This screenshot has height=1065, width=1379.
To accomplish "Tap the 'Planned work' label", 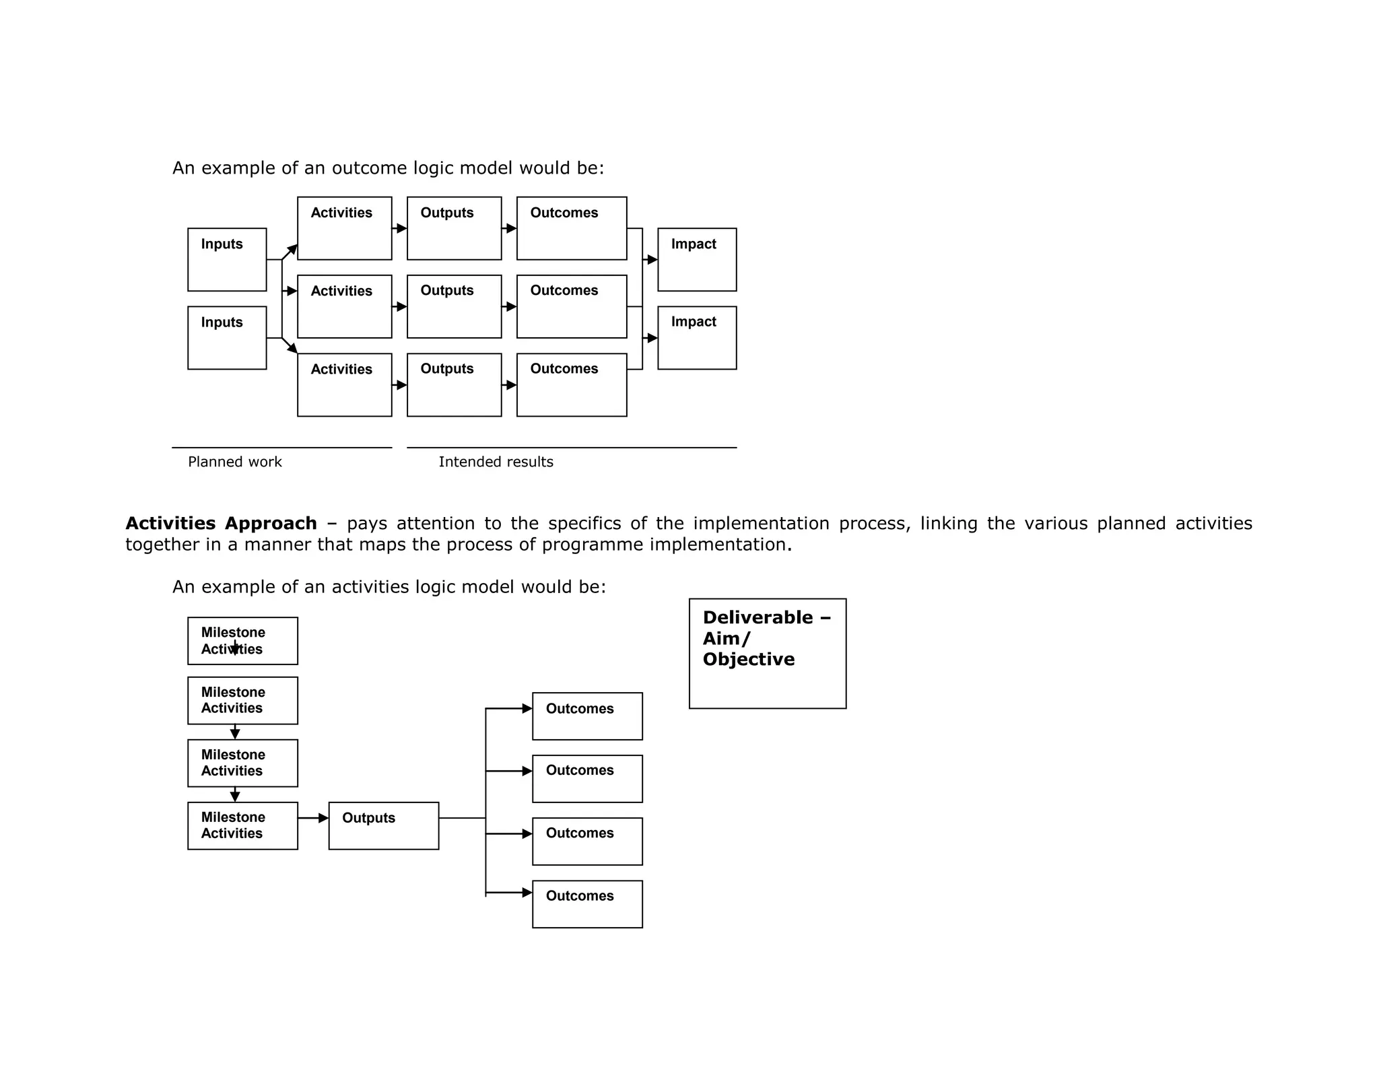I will (234, 462).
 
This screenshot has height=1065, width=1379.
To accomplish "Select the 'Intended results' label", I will (496, 462).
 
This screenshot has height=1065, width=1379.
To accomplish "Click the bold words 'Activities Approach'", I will (221, 523).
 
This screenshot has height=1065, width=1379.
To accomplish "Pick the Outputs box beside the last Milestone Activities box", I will (383, 825).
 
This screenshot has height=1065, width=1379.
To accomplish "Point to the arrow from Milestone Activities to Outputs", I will (313, 818).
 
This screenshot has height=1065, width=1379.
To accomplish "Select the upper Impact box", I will (697, 259).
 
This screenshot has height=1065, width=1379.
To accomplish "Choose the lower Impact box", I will (697, 337).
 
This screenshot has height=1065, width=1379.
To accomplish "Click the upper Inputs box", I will (227, 259).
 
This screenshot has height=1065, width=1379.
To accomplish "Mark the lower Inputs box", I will (227, 337).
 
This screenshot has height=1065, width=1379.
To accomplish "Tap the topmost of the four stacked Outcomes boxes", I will (587, 716).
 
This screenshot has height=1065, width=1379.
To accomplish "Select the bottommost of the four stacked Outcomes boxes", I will (587, 903).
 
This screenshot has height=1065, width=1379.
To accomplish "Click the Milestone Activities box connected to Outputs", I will (242, 825).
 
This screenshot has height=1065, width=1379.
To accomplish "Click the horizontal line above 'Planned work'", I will (281, 448).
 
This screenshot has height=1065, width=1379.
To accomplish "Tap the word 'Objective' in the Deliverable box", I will (748, 659).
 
